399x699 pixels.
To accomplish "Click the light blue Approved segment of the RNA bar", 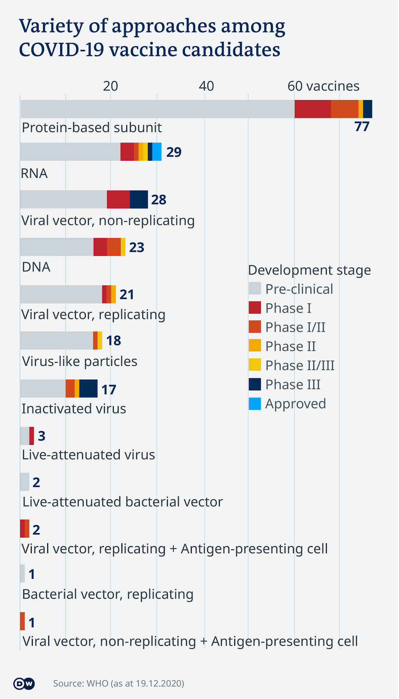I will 157,152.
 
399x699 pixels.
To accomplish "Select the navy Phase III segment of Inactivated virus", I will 88,388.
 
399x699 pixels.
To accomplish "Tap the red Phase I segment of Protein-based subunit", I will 312,109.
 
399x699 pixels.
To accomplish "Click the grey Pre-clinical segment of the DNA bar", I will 57,247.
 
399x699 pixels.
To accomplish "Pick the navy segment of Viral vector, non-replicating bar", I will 139,199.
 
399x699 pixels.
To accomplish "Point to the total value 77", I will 362,127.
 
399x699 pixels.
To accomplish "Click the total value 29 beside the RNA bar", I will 174,152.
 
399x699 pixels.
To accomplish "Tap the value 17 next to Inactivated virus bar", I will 109,389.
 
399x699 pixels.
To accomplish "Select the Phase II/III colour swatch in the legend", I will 255,365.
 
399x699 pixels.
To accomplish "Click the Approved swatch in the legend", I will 255,404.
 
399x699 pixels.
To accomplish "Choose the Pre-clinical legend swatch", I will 255,288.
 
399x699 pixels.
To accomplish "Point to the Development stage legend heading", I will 309,270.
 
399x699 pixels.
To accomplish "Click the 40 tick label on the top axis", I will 206,86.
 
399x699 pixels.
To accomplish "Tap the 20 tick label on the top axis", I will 110,86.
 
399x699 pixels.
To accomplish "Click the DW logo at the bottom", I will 24,683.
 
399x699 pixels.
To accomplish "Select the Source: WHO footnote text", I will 119,683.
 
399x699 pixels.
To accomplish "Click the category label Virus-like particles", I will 80,361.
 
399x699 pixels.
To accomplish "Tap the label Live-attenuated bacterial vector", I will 122,502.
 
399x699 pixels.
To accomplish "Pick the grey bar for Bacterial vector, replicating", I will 22,573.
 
